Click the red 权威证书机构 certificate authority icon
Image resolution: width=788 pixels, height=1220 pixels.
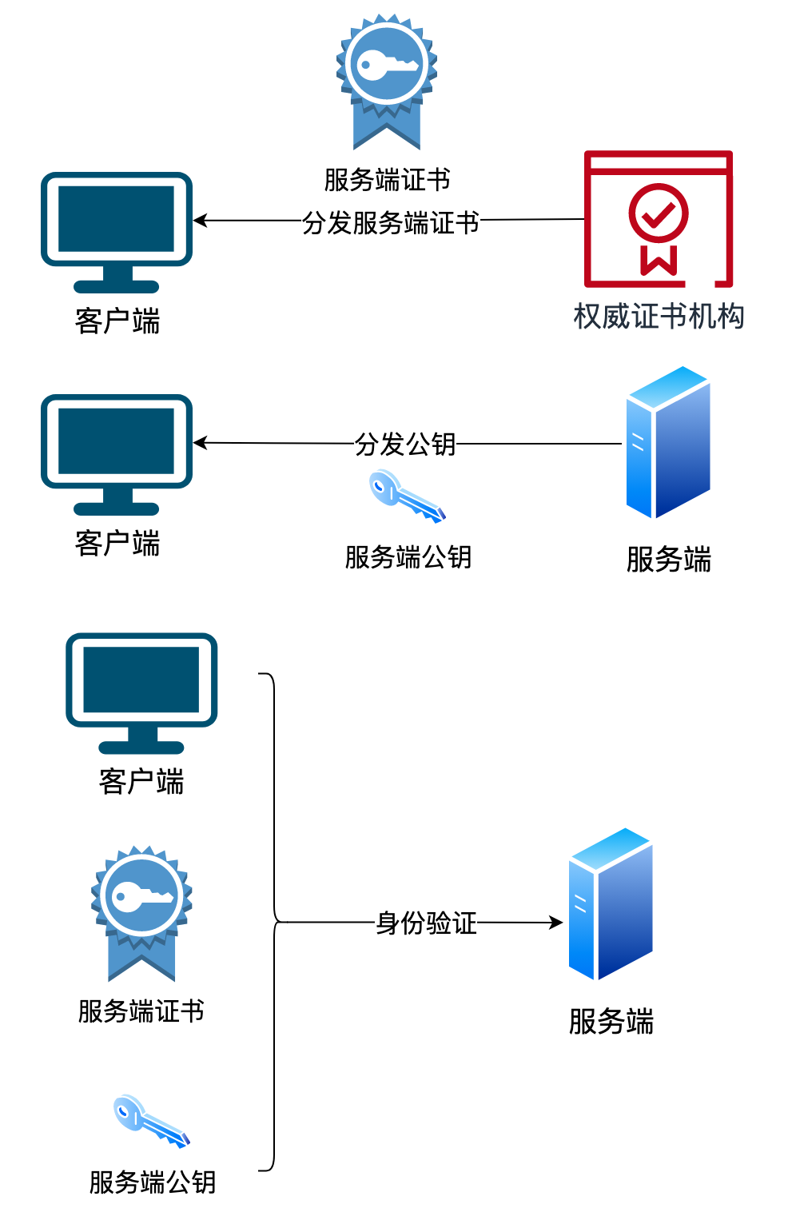click(658, 219)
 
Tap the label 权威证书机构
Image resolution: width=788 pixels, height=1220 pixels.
click(659, 317)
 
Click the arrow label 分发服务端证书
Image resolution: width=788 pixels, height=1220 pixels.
click(390, 222)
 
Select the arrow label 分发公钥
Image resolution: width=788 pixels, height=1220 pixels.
click(405, 444)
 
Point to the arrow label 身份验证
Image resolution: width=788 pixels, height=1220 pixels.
click(427, 923)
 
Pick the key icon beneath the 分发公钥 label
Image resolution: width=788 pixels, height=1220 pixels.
click(407, 497)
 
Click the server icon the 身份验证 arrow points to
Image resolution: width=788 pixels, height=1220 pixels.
click(611, 904)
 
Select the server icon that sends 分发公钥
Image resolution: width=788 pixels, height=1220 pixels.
click(667, 442)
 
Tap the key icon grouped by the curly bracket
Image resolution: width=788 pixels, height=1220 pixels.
click(151, 1121)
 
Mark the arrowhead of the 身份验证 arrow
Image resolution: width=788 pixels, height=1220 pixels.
click(557, 923)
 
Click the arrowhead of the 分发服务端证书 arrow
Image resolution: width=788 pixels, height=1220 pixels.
click(200, 221)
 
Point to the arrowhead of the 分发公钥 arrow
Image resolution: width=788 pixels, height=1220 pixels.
click(200, 443)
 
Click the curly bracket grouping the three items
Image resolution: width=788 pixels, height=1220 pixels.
click(274, 922)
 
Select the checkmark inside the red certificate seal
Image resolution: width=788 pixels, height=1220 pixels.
click(659, 213)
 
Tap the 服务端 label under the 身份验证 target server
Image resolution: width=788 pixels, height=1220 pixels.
click(611, 1022)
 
